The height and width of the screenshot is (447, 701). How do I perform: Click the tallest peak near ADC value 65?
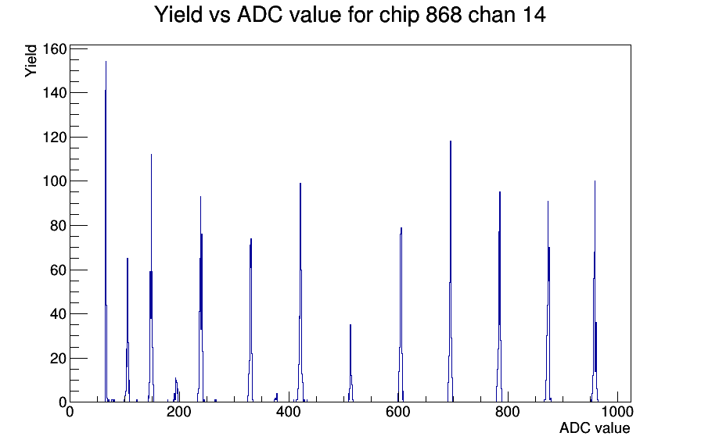106,232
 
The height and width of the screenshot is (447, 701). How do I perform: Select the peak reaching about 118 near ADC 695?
451,273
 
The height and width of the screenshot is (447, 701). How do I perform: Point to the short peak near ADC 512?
350,364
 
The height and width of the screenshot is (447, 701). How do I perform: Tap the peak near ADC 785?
499,297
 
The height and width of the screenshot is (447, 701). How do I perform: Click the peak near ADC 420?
300,292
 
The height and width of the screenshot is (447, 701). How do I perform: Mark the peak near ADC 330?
251,320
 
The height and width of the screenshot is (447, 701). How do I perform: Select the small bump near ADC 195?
176,390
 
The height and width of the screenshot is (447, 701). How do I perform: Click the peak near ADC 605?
401,315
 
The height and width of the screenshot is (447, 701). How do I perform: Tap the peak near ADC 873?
548,302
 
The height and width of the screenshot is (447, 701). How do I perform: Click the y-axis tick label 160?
55,48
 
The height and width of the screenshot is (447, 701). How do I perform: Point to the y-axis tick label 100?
55,181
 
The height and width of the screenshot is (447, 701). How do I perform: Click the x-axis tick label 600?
398,412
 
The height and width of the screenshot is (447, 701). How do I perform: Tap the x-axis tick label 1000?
617,412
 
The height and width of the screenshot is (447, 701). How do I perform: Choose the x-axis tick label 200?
179,412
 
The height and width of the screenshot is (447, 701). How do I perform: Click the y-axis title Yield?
31,61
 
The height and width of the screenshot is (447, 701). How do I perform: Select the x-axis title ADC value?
595,428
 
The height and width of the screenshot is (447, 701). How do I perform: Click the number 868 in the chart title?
444,15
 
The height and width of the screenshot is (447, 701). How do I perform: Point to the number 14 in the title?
534,15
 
